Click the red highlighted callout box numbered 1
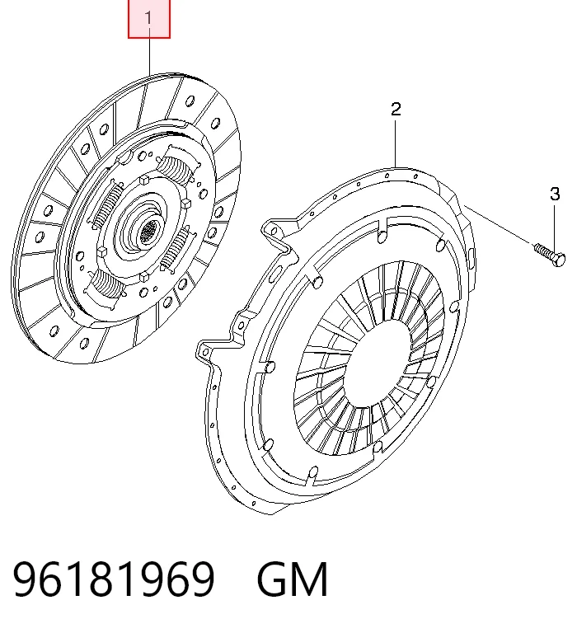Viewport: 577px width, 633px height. (149, 19)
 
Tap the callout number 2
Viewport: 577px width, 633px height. (396, 110)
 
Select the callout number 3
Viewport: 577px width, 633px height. (556, 195)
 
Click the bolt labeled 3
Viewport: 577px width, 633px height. (550, 255)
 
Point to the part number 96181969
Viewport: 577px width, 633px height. (114, 579)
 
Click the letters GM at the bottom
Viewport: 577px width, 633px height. (292, 579)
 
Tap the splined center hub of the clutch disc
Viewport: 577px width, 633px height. (148, 232)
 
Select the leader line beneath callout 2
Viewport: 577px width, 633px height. (396, 143)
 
